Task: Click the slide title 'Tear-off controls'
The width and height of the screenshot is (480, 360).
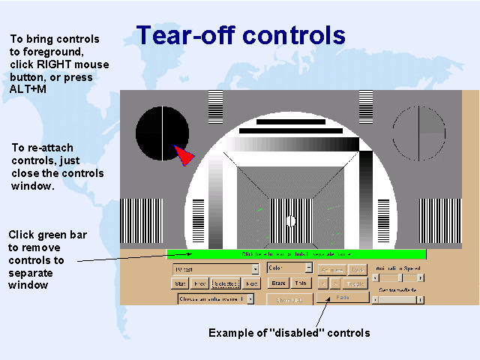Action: click(x=240, y=35)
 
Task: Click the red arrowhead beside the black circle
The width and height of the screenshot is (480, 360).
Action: click(x=184, y=156)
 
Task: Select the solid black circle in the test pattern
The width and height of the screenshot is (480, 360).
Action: click(x=160, y=133)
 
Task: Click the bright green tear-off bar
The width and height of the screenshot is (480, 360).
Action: click(x=296, y=254)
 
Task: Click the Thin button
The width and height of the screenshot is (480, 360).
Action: click(x=301, y=283)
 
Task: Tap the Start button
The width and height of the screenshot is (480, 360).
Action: click(x=181, y=284)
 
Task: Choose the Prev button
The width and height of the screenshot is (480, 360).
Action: click(x=200, y=284)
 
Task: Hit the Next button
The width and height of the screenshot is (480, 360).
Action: click(x=251, y=284)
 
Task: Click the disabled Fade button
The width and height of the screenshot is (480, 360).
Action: click(x=342, y=297)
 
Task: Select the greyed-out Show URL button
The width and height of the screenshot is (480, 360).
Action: click(x=289, y=299)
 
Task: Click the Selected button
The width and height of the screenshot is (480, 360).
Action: click(x=225, y=284)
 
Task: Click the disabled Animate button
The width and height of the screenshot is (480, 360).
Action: click(x=331, y=269)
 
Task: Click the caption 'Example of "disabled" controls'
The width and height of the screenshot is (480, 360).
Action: click(x=289, y=333)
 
